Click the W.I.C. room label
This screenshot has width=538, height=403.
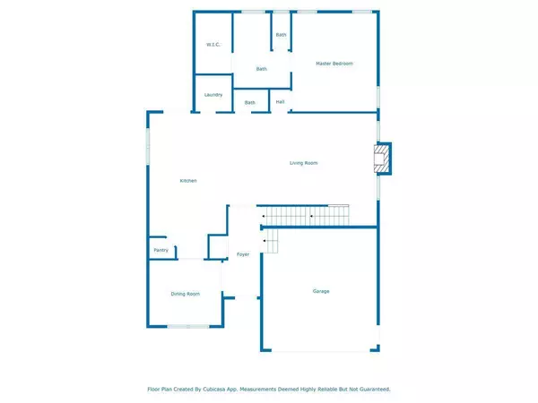point(213,44)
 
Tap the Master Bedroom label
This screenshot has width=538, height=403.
point(334,64)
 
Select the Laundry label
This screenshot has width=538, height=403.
point(213,94)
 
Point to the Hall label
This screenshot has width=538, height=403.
point(281,102)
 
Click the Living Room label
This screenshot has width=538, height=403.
point(303,163)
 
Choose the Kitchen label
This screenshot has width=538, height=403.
point(188,181)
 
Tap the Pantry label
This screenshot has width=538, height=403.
point(161,250)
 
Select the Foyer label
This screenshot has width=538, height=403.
point(242,255)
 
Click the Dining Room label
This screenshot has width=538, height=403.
point(186,294)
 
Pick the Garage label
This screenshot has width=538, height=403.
point(321,291)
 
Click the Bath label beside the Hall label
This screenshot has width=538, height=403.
point(250,102)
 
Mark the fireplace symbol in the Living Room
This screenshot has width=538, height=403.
point(382,159)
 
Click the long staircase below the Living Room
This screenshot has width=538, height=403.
point(305,216)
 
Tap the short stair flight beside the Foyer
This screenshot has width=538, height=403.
point(270,240)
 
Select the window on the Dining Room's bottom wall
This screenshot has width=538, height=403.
point(188,326)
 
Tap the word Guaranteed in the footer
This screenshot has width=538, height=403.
point(372,390)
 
